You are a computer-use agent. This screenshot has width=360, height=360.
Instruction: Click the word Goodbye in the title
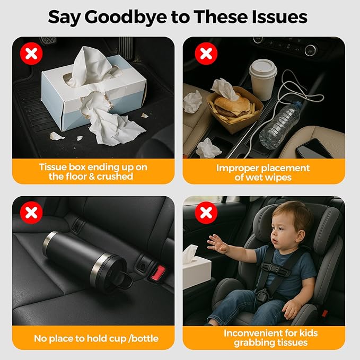(x=126, y=17)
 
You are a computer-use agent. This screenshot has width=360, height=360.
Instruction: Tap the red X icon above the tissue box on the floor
(x=31, y=54)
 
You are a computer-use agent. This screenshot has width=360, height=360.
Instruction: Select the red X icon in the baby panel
(x=206, y=213)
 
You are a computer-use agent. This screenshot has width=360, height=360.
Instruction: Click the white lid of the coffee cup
(x=263, y=67)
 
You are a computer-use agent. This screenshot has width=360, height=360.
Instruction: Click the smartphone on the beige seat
(x=314, y=149)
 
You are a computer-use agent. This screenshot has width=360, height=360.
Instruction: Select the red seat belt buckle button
(x=157, y=273)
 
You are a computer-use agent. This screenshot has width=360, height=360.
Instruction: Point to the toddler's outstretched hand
(x=217, y=244)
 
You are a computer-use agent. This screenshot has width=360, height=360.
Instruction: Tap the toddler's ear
(x=300, y=237)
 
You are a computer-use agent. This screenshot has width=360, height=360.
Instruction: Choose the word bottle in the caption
(x=145, y=339)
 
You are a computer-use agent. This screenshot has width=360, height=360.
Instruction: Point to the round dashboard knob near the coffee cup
(x=310, y=50)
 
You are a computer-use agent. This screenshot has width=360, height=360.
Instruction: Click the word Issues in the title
(x=279, y=17)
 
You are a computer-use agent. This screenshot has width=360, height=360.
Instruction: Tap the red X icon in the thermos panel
(x=31, y=213)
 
